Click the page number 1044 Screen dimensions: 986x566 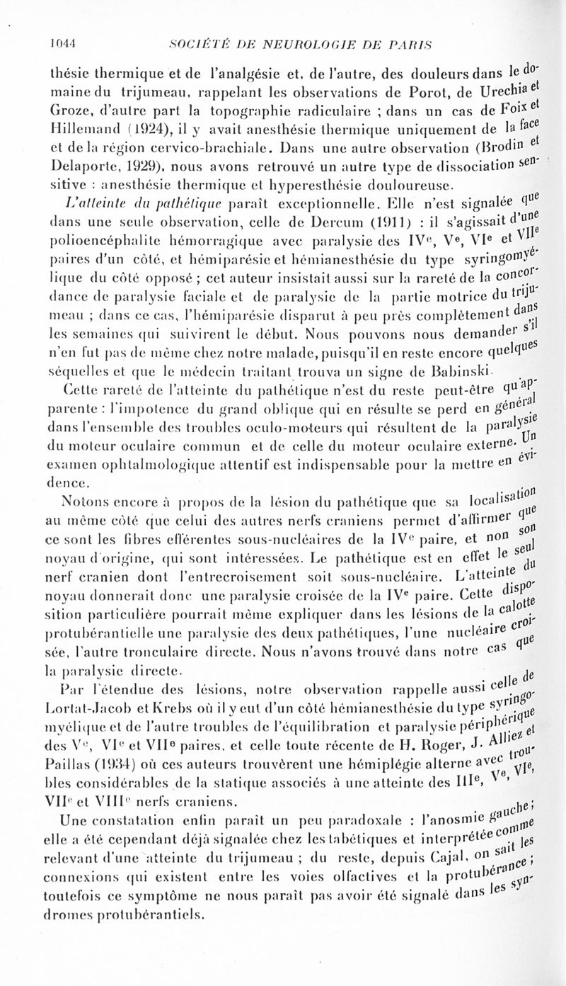tap(62, 42)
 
